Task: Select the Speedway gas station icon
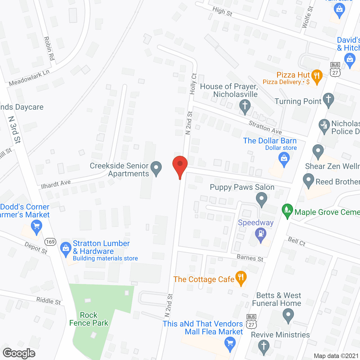261,234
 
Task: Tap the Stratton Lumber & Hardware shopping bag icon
66,249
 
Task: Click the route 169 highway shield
50,242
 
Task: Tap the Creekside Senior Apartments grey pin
156,168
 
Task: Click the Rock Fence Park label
89,319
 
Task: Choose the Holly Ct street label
193,84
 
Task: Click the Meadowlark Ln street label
29,78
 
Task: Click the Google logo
19,353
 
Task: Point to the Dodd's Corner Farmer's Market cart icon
36,227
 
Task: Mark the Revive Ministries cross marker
264,346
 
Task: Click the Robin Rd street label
49,48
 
